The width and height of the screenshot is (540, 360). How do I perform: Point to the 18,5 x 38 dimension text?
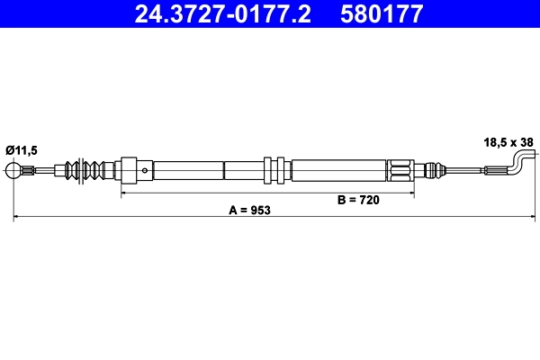(509, 142)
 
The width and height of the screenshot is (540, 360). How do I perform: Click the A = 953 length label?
(249, 209)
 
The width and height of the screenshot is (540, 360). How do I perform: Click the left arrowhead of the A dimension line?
(17, 217)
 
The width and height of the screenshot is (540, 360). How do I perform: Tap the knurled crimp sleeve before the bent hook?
(495, 170)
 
